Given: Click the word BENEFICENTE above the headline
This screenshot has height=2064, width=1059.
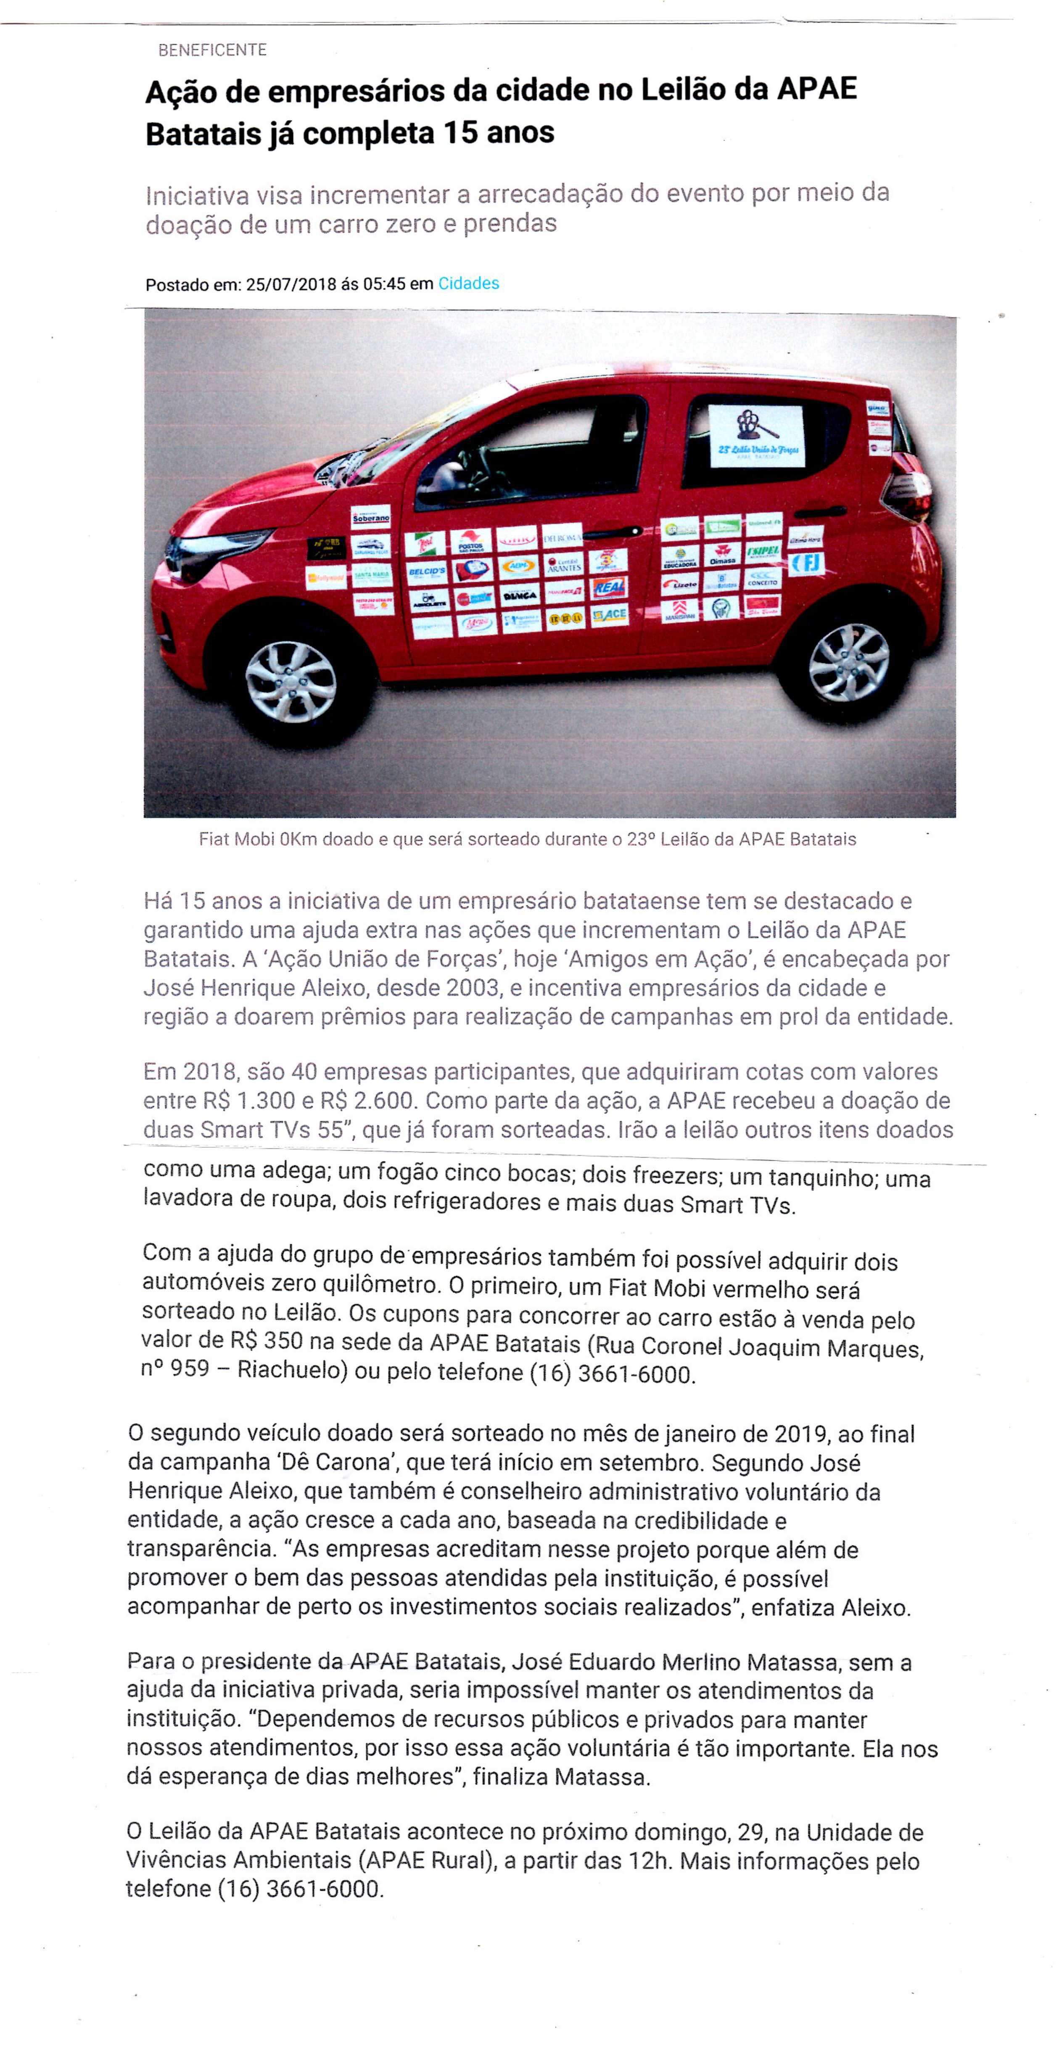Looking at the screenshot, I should [x=212, y=50].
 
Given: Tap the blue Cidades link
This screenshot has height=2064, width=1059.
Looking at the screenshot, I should [x=469, y=283].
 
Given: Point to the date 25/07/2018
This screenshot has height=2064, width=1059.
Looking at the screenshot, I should [x=291, y=284].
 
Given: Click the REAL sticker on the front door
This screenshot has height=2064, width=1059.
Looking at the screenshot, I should [x=609, y=588].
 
